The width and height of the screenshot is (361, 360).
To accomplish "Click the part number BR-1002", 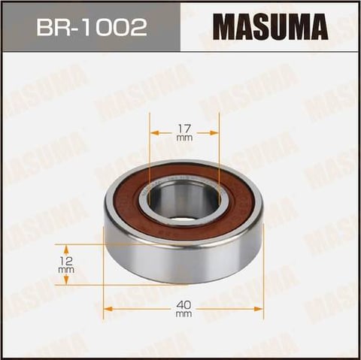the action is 92,27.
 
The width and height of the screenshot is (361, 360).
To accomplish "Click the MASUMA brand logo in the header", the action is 270,27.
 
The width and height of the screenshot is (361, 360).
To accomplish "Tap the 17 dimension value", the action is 184,129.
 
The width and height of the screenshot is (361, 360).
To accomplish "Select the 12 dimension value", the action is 66,261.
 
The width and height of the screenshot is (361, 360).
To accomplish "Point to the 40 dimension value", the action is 184,305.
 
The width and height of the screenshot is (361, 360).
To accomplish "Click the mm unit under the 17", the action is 184,138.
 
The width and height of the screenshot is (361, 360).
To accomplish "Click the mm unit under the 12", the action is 66,270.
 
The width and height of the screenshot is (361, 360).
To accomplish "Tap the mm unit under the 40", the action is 184,314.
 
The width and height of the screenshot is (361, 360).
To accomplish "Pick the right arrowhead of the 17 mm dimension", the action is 213,132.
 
